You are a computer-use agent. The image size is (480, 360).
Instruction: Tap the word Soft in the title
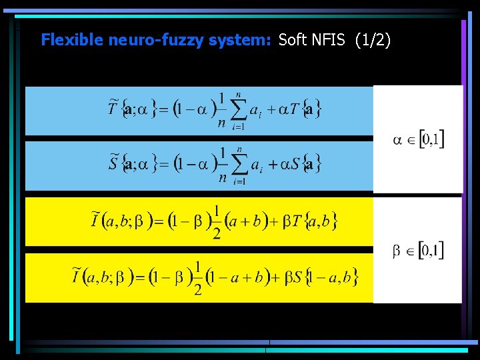[293, 40]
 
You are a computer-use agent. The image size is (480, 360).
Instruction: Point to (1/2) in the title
[373, 40]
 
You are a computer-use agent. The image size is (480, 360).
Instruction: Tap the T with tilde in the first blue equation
[113, 109]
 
